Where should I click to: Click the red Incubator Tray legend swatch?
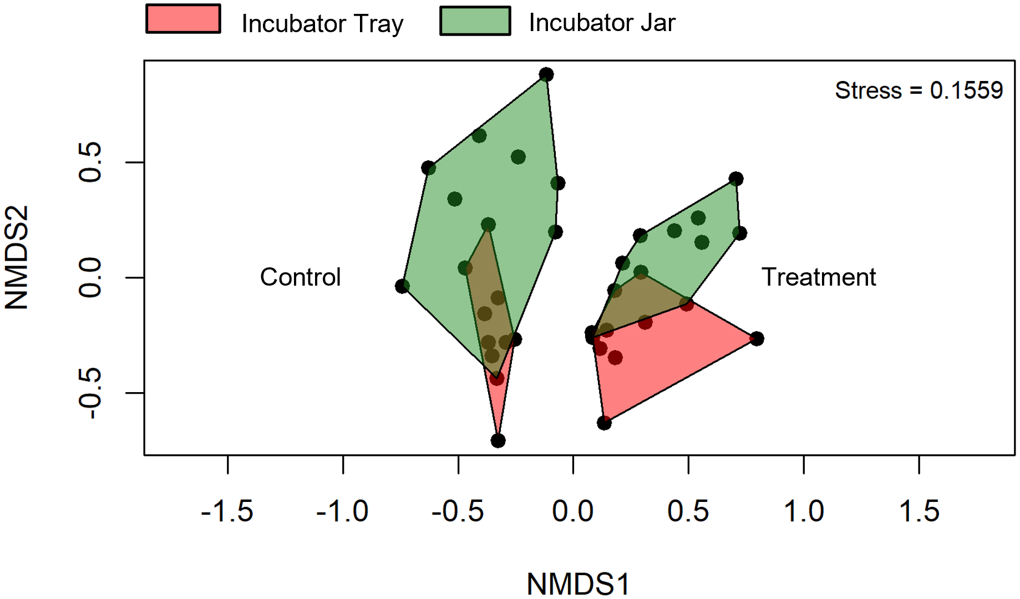[183, 19]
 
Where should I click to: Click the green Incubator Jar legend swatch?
[475, 21]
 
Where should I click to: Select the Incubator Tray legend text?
[322, 24]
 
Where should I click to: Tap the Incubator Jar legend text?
[602, 23]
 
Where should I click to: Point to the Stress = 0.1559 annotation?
[918, 90]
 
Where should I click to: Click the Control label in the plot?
[300, 277]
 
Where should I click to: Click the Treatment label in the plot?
[818, 277]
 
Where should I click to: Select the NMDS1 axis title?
[578, 583]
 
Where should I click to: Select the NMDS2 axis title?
[17, 257]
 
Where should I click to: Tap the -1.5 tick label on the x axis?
[227, 511]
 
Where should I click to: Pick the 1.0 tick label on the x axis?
[803, 511]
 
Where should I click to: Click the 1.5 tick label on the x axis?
[918, 511]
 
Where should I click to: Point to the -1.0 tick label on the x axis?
[342, 511]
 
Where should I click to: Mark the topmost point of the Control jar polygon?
[546, 74]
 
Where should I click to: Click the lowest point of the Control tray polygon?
[498, 441]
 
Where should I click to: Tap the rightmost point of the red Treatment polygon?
[757, 338]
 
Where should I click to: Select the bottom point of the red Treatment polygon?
[604, 423]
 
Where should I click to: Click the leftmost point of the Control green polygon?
[402, 286]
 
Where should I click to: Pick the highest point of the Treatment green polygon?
[736, 179]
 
